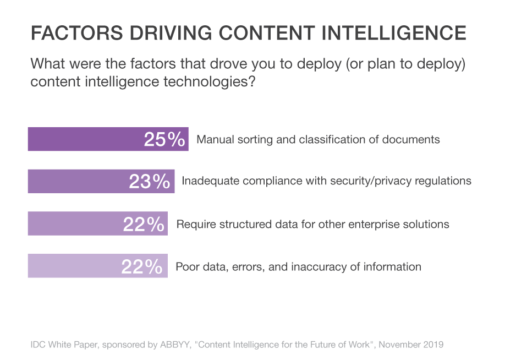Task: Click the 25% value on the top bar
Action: coord(164,140)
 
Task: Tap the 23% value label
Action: coord(149,182)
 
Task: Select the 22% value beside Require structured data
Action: coord(143,225)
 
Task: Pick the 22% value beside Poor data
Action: coord(142,267)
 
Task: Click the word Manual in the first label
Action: coord(215,139)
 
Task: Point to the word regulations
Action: coord(443,181)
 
